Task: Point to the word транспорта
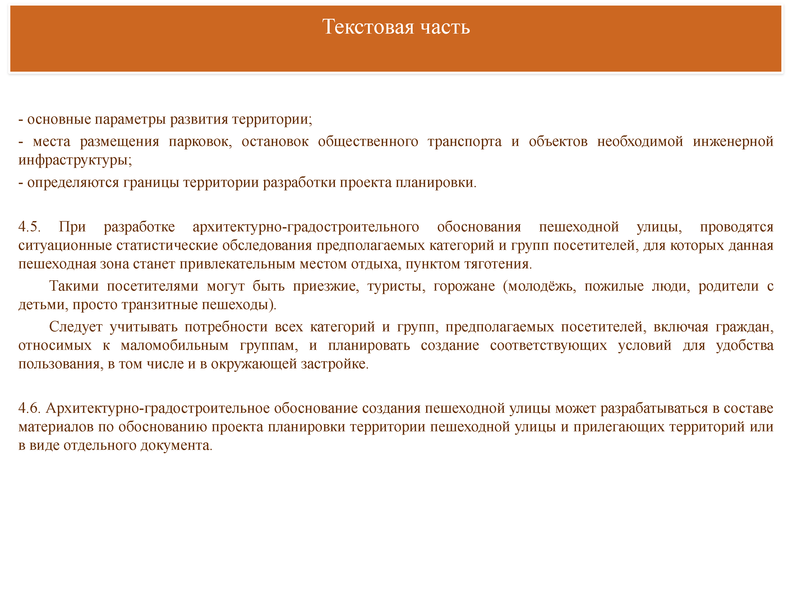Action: (x=465, y=142)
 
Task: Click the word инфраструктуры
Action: (x=75, y=160)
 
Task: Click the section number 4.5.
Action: (x=29, y=227)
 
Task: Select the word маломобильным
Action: (x=174, y=346)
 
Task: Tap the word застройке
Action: (x=334, y=364)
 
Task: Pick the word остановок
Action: (x=275, y=142)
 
